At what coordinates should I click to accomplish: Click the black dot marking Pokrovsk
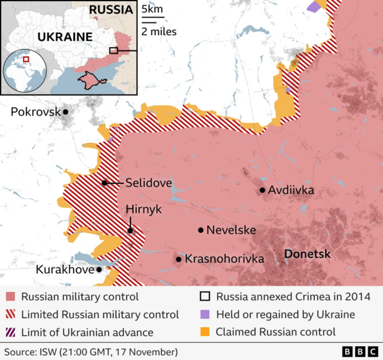66,112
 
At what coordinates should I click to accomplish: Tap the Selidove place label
148,183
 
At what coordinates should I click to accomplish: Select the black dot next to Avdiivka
262,191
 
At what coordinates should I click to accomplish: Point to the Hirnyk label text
144,209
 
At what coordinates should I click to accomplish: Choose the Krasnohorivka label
224,259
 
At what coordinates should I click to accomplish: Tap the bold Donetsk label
307,254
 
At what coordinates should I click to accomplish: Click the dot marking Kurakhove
99,270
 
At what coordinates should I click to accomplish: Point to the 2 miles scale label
159,31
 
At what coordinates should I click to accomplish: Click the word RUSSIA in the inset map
111,10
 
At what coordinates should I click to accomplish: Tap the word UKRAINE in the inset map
65,37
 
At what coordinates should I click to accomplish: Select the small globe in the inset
25,70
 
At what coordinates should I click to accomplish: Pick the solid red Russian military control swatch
10,297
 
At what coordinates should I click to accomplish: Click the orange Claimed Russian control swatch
205,332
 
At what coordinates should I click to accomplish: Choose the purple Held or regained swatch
205,315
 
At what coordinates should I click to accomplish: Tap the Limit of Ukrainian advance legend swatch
10,332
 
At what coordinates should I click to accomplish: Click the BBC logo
358,352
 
